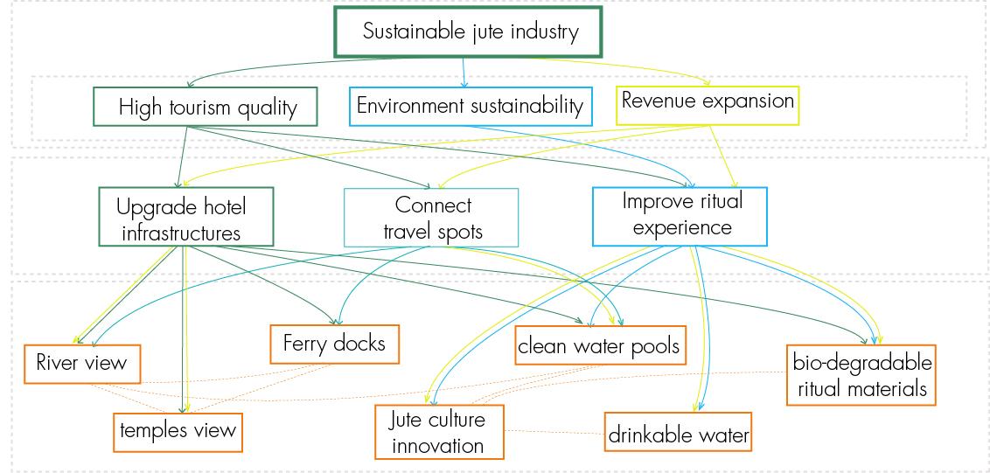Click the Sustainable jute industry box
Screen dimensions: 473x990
point(471,33)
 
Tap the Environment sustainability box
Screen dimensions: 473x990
point(471,106)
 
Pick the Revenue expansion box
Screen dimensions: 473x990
point(708,101)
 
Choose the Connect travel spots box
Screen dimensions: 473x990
point(432,217)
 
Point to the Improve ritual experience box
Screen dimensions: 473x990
point(681,214)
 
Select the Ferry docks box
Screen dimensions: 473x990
point(334,343)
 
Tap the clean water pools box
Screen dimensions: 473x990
point(598,346)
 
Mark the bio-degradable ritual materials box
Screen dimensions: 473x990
point(861,375)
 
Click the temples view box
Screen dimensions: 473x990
point(178,430)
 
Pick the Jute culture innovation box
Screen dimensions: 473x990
point(438,432)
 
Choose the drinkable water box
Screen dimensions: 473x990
point(679,433)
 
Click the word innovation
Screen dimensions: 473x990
point(438,445)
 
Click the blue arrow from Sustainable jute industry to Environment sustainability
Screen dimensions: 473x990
point(464,73)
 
